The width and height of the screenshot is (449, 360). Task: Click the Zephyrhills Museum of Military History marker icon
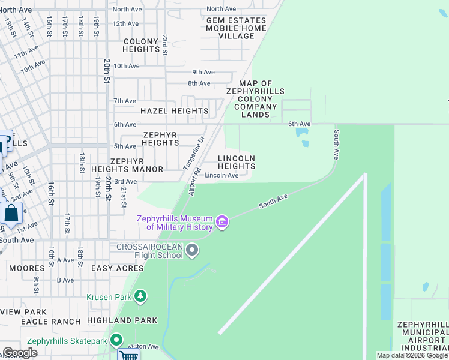(x=222, y=223)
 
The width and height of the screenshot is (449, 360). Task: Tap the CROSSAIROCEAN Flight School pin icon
(x=192, y=250)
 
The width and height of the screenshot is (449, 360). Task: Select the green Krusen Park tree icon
(x=140, y=296)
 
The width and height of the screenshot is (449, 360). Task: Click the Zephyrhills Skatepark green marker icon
(x=116, y=341)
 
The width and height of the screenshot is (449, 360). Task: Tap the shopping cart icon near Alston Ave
(x=128, y=355)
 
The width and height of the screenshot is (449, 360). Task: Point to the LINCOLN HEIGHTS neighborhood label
(x=237, y=162)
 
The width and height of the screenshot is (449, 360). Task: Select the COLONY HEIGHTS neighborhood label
(x=141, y=45)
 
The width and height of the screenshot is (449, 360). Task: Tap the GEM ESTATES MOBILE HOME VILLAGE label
(x=236, y=28)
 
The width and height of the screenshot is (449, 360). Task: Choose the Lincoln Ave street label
(x=221, y=175)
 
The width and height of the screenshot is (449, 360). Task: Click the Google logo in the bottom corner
(x=19, y=353)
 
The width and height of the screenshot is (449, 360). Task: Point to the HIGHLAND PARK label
(x=122, y=320)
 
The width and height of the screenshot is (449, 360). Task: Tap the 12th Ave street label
(x=125, y=23)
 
